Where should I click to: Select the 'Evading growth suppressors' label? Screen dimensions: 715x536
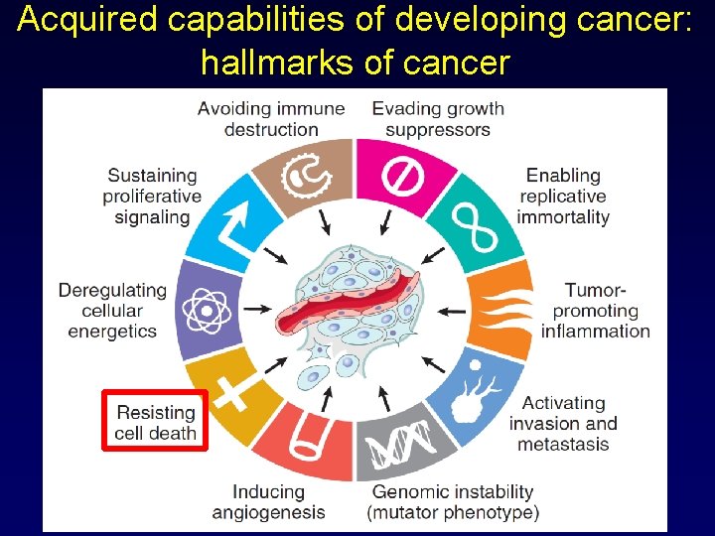438,119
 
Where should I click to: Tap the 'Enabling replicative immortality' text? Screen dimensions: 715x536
563,197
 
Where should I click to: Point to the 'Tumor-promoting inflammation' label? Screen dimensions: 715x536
595,310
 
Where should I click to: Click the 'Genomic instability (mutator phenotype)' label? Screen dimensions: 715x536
452,502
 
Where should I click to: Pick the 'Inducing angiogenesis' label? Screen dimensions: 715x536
268,502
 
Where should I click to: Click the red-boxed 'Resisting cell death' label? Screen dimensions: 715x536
156,422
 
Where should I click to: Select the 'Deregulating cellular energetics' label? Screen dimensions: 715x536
112,310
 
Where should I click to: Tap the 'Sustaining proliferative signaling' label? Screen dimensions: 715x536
152,197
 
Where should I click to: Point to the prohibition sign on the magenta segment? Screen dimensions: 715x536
404,178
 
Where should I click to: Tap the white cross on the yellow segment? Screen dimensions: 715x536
232,391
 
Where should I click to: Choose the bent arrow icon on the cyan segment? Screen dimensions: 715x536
237,224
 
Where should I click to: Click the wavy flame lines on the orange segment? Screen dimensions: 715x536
501,309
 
